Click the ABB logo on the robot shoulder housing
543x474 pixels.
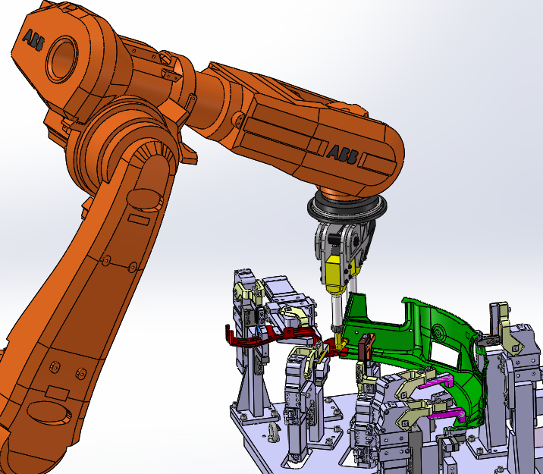(x=33, y=40)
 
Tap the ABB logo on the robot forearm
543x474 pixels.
(x=343, y=155)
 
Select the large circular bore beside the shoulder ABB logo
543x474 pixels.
(x=62, y=59)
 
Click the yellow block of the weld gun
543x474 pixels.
(x=337, y=275)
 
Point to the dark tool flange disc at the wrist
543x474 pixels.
(x=347, y=209)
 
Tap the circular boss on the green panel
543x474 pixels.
(x=438, y=333)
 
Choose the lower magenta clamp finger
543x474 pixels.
(x=447, y=413)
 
